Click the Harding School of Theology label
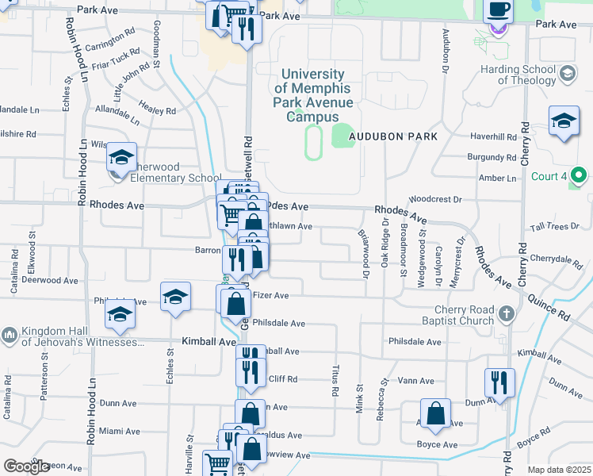518,75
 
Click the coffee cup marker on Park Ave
498,10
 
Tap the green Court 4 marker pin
580,175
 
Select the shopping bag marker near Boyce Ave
436,413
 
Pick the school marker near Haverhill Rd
564,121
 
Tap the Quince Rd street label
552,303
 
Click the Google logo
26,466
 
